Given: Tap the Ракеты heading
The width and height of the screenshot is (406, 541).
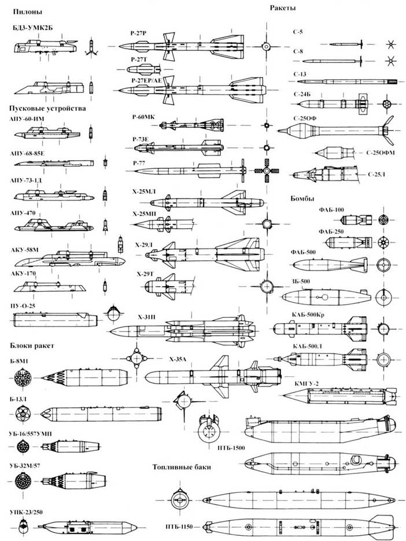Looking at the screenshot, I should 282,8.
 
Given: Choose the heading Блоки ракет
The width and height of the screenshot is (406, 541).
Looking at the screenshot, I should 32,345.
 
